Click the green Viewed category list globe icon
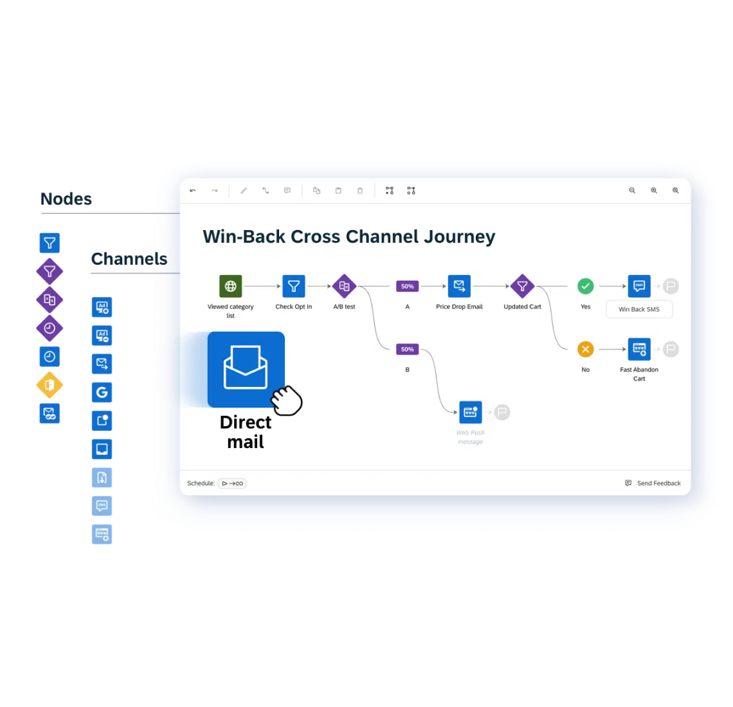click(230, 286)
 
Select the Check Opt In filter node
click(294, 286)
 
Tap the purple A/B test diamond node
click(344, 286)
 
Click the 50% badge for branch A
click(407, 286)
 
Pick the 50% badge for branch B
click(407, 349)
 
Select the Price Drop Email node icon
click(459, 286)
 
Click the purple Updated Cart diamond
click(522, 286)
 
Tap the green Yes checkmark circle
click(585, 286)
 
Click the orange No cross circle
click(585, 349)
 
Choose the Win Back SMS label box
click(639, 309)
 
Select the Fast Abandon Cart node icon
click(639, 349)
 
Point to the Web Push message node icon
click(470, 412)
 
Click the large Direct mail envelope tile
click(246, 369)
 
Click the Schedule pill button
click(232, 483)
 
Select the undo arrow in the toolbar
click(193, 191)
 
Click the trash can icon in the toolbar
click(360, 191)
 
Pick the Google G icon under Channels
click(102, 392)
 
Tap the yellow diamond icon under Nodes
click(50, 385)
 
